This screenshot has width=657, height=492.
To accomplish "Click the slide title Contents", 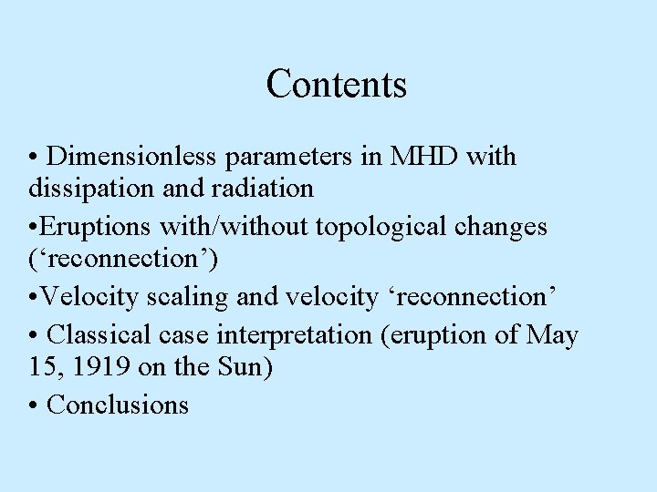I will click(x=336, y=85).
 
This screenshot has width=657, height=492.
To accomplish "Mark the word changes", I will click(x=507, y=227).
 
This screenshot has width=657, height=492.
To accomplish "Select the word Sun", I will click(x=249, y=368).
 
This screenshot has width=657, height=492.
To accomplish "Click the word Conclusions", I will click(x=118, y=405).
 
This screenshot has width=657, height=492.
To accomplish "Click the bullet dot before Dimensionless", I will click(x=33, y=158).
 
